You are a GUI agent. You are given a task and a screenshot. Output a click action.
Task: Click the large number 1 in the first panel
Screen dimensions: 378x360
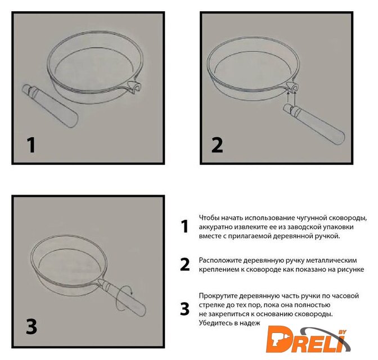31,145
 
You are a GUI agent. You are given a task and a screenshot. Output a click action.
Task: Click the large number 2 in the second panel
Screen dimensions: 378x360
217,145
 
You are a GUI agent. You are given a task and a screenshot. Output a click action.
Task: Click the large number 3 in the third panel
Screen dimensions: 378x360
31,326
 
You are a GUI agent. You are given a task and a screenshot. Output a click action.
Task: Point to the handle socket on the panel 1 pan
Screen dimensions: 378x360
134,87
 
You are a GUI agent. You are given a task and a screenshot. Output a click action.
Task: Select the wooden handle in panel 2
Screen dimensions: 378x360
314,124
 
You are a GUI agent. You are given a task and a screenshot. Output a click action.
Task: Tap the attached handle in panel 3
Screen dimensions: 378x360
122,298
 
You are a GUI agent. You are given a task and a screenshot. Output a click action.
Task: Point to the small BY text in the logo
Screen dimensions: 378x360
342,332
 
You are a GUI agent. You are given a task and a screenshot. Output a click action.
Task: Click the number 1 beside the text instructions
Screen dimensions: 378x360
184,227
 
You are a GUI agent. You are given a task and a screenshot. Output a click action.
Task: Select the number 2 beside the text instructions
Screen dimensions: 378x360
185,264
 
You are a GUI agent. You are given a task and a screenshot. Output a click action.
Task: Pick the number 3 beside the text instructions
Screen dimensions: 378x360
184,309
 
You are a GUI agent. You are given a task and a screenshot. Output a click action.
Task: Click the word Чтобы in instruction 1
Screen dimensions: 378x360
209,218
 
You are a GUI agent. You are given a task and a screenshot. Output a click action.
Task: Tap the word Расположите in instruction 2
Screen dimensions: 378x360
220,260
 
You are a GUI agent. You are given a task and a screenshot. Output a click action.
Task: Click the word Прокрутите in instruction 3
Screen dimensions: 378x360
218,296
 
